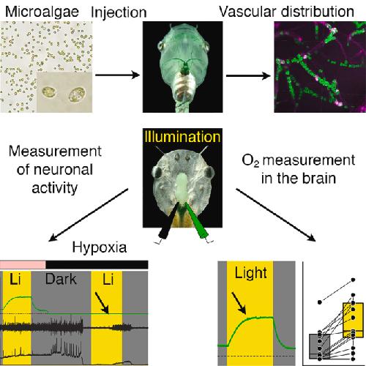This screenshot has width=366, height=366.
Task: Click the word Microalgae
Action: (x=42, y=12)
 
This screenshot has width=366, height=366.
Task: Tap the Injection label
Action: (x=119, y=12)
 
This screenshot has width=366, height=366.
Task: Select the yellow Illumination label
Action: (x=182, y=137)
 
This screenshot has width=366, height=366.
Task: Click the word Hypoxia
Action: (x=100, y=247)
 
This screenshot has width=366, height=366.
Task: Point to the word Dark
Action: (x=61, y=279)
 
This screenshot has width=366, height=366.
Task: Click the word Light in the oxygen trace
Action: (x=250, y=273)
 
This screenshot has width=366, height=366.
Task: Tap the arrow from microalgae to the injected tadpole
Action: (x=117, y=75)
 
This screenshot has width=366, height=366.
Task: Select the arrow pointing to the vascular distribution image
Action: (x=248, y=76)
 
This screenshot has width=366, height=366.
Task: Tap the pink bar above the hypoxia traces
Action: (x=23, y=265)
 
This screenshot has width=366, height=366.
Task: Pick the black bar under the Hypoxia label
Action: (x=97, y=265)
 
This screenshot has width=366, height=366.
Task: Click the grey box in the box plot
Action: (x=320, y=346)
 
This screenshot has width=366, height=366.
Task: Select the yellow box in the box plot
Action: (x=353, y=320)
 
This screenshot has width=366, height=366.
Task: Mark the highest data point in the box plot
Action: (x=353, y=280)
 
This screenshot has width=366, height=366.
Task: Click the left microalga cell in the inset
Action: (x=49, y=92)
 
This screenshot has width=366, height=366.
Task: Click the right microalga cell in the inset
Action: (x=78, y=94)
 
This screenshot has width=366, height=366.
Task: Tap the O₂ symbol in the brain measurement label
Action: (x=250, y=161)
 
